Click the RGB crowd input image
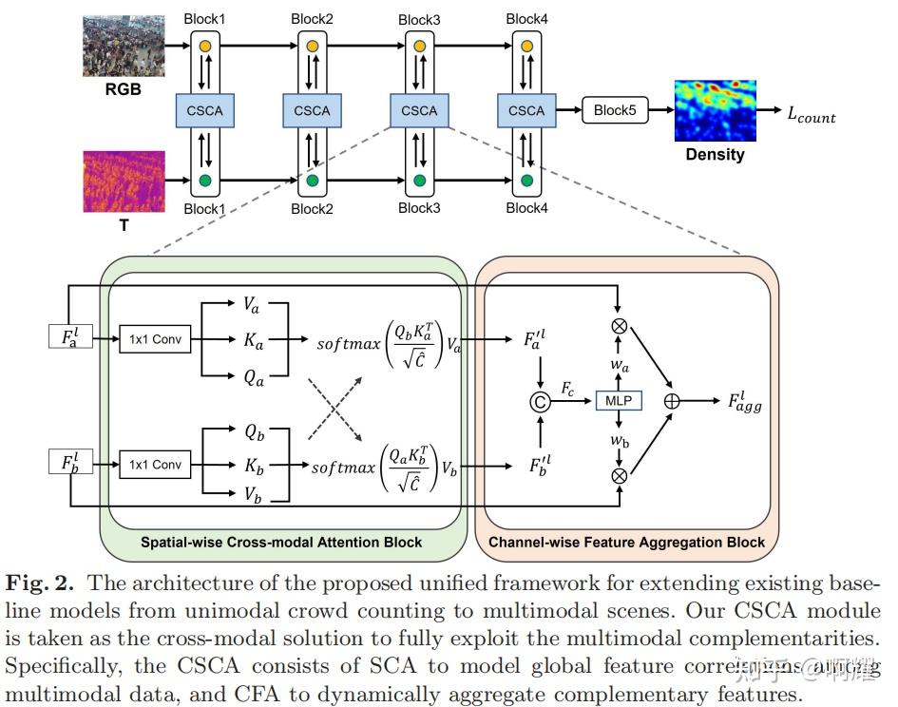tap(124, 45)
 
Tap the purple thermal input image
tap(124, 182)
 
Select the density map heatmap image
tap(715, 111)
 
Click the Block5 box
tap(615, 111)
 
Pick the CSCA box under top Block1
tap(205, 111)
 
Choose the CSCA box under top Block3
tap(419, 111)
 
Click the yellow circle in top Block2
tap(313, 45)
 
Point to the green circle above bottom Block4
tap(526, 181)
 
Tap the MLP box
tap(619, 401)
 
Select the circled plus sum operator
tap(672, 402)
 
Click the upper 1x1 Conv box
tap(154, 337)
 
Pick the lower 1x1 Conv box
tap(154, 465)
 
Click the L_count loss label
tap(810, 114)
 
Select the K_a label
tap(254, 340)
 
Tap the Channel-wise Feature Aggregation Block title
tap(626, 543)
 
